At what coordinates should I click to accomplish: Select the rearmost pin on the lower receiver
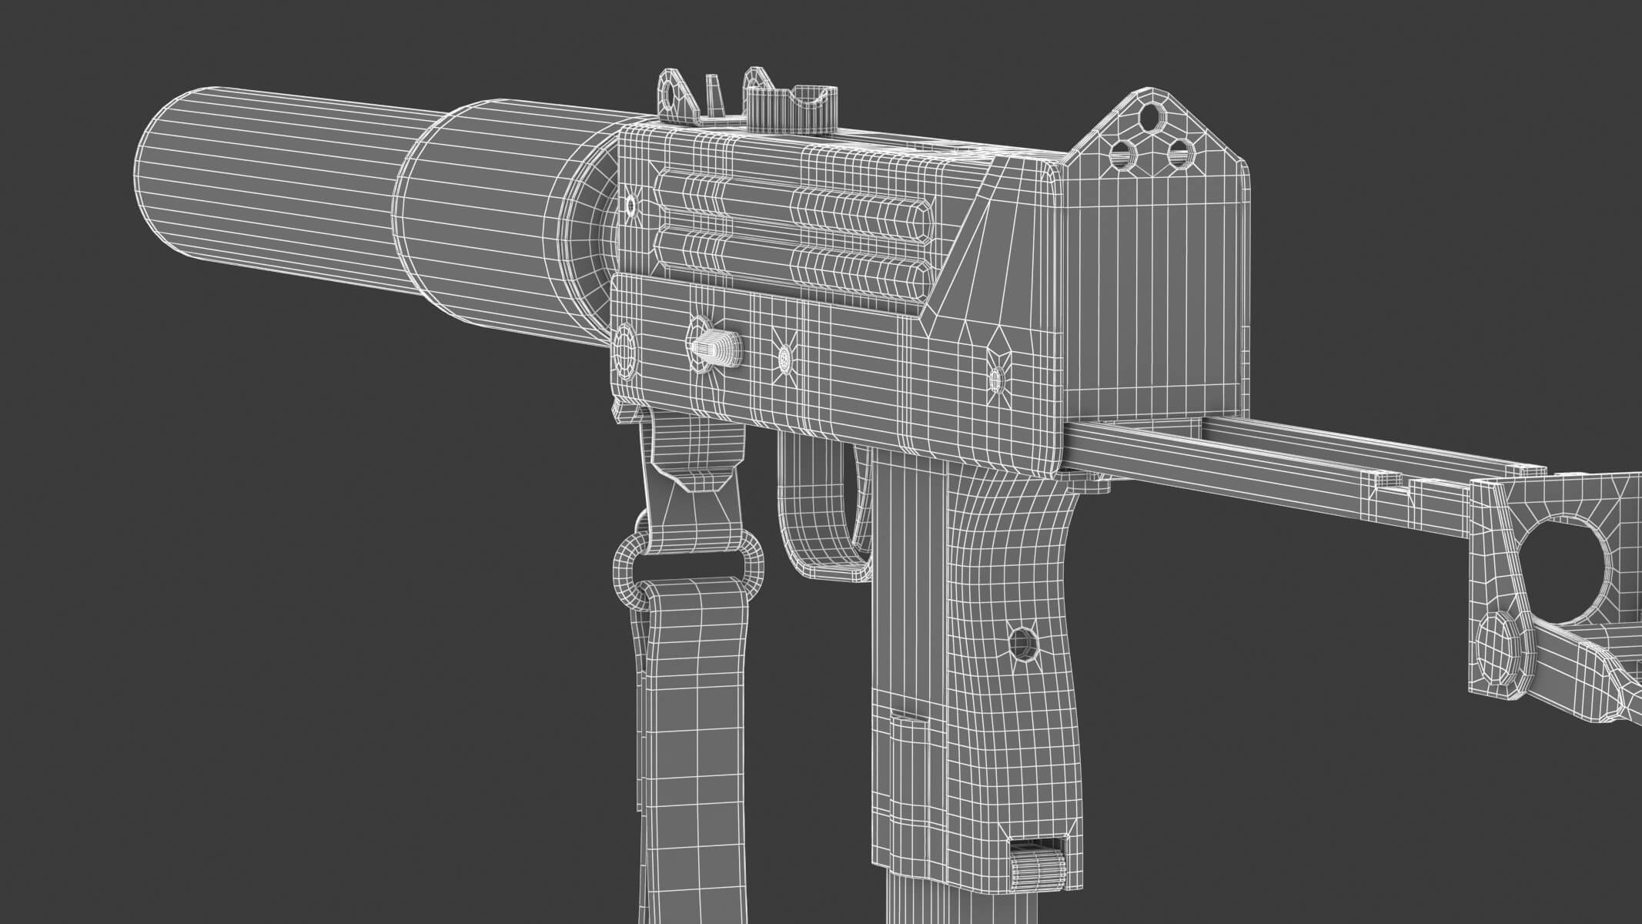coord(995,377)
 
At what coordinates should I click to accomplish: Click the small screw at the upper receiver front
coord(630,206)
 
